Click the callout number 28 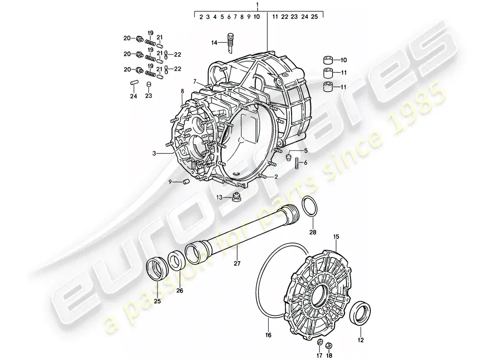pyautogui.click(x=313, y=232)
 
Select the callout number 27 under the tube pyautogui.click(x=237, y=263)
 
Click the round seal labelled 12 pyautogui.click(x=360, y=313)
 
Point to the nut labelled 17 pyautogui.click(x=319, y=342)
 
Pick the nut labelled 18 pyautogui.click(x=328, y=344)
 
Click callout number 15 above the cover pyautogui.click(x=336, y=237)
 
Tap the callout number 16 pyautogui.click(x=268, y=335)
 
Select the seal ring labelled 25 pyautogui.click(x=157, y=269)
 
